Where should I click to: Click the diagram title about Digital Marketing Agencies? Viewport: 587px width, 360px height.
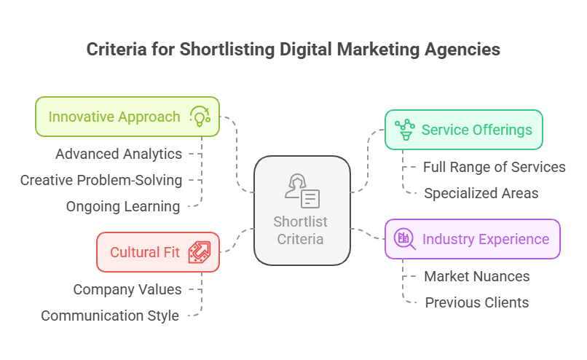tap(293, 50)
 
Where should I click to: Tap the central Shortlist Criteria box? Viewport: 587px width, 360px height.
tap(302, 210)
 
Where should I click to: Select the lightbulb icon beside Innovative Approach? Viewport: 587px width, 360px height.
tap(200, 117)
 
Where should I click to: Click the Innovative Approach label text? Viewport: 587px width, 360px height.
tap(114, 117)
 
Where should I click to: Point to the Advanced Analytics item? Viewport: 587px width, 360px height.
tap(119, 154)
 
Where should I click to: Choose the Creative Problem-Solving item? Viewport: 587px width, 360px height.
tap(101, 180)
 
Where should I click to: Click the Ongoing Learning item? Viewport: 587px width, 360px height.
tap(123, 206)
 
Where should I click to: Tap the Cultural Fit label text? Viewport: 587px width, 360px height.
tap(145, 252)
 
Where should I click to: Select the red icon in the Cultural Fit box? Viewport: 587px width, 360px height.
tap(199, 252)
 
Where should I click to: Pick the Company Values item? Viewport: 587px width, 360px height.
tap(127, 289)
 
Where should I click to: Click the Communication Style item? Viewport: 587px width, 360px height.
tap(110, 316)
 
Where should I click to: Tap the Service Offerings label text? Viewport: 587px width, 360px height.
tap(476, 130)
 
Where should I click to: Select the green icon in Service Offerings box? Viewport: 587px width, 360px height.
tap(404, 130)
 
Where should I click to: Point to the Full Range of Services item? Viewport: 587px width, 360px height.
tap(495, 167)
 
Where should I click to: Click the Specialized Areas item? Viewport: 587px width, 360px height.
tap(481, 193)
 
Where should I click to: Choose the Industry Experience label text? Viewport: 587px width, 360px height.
tap(485, 239)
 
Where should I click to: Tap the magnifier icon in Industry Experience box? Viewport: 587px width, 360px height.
tap(404, 239)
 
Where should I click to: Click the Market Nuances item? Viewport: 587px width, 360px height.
tap(477, 276)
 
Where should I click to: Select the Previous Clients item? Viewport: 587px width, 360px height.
tap(477, 302)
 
